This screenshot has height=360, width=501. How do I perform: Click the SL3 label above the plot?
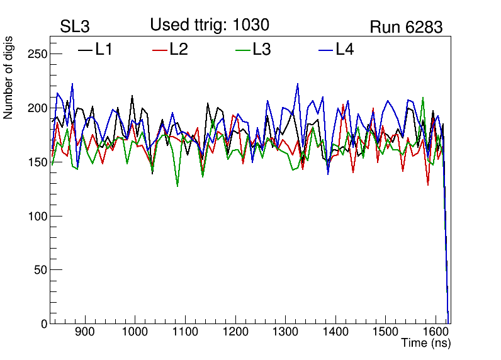coord(75,27)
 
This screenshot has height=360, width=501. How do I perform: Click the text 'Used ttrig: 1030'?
coord(210,25)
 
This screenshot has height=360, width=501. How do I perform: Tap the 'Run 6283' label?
coord(406,27)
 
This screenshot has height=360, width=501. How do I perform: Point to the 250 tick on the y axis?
coord(38,54)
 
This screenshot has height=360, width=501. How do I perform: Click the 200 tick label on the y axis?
coord(38,108)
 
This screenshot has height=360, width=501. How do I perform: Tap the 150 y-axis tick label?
coord(38,162)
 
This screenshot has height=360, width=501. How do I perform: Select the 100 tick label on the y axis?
coord(38,216)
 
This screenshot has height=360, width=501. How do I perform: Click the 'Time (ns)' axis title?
coord(426,344)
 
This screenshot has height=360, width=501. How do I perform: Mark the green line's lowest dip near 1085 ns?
coord(177,186)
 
